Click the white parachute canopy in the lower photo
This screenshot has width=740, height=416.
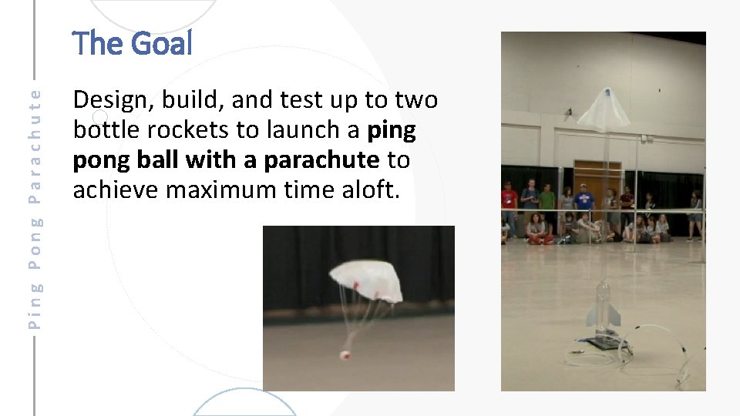(365, 279)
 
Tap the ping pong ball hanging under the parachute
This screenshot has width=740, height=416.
(345, 355)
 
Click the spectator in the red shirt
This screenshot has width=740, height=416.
(509, 199)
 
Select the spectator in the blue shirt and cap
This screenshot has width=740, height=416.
(584, 198)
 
